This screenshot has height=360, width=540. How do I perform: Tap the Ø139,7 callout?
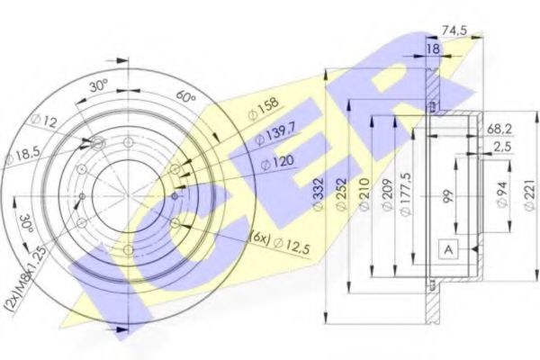pyautogui.click(x=273, y=138)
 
